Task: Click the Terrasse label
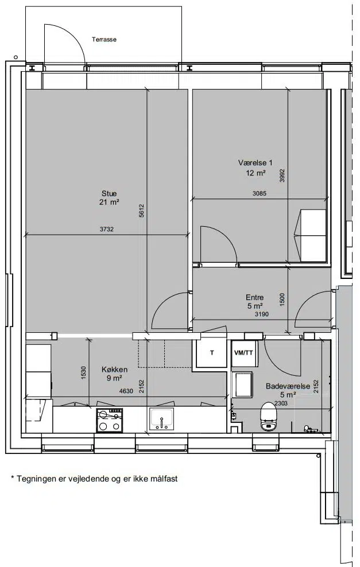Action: pyautogui.click(x=104, y=40)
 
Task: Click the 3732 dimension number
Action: pyautogui.click(x=107, y=228)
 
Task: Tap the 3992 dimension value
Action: pyautogui.click(x=282, y=176)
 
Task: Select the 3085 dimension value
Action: pyautogui.click(x=260, y=193)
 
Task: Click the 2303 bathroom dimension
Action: pyautogui.click(x=281, y=403)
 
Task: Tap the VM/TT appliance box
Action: pyautogui.click(x=244, y=352)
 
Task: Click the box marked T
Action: pyautogui.click(x=212, y=352)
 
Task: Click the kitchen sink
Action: pyautogui.click(x=162, y=420)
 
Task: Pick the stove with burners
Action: pyautogui.click(x=109, y=420)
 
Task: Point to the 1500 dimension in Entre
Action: pyautogui.click(x=282, y=299)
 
